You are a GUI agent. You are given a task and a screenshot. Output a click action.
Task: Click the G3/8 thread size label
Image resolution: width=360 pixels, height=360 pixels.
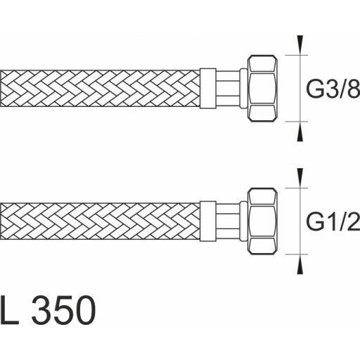(333, 88)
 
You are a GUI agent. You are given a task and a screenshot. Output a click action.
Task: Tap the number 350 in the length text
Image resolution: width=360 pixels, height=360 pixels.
(63, 310)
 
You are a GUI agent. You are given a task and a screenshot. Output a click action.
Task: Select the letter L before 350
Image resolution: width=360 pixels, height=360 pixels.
(9, 310)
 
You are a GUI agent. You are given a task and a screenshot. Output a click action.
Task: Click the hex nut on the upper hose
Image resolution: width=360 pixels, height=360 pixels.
(262, 88)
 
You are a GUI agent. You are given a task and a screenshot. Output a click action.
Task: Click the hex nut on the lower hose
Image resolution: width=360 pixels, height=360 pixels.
(262, 221)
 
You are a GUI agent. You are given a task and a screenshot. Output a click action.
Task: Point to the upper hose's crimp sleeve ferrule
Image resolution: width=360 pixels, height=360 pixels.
(208, 89)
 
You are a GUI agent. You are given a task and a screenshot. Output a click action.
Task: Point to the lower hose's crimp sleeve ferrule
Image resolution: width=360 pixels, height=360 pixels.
(208, 221)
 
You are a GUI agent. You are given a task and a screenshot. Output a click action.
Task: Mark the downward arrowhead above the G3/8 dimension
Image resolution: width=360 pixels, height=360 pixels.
(300, 44)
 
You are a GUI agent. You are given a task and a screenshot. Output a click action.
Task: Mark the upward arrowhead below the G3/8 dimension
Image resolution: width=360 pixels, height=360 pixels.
(300, 133)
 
